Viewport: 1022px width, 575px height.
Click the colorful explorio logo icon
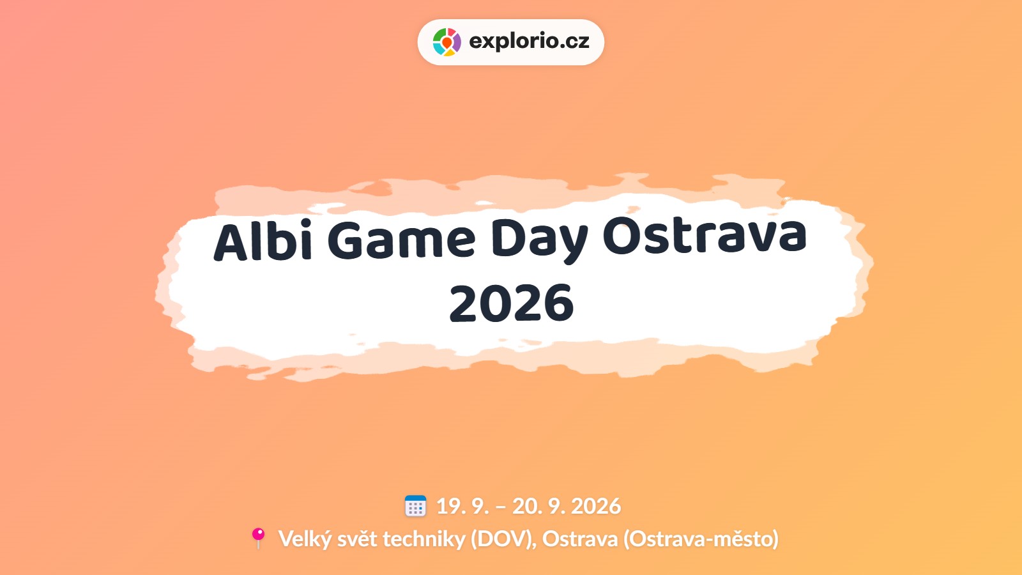(x=446, y=42)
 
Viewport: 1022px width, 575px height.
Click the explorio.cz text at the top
(x=530, y=42)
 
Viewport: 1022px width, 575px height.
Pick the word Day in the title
(x=540, y=242)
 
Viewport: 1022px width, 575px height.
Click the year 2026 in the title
(x=511, y=303)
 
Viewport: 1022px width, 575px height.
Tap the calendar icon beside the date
(x=415, y=506)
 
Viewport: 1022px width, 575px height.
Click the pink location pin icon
(x=258, y=538)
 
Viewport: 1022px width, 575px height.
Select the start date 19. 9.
(x=462, y=506)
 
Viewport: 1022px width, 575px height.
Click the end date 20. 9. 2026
(x=566, y=506)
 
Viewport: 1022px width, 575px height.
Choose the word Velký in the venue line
(x=304, y=539)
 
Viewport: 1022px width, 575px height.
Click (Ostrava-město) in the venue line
(x=701, y=539)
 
